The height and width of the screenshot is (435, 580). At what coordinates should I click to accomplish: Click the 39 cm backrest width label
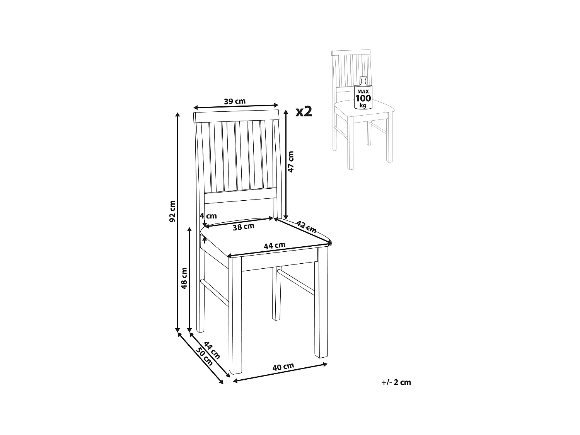[235, 101]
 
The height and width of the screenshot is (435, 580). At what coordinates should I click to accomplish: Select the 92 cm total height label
[172, 212]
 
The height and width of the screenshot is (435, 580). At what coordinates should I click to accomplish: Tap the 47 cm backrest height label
[291, 161]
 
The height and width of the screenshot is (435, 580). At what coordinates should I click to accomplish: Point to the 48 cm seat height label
[184, 278]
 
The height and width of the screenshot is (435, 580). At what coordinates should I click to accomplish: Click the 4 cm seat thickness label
[208, 216]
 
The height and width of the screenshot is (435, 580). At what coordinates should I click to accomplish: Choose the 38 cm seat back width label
[243, 227]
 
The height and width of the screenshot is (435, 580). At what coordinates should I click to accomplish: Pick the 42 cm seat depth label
[307, 227]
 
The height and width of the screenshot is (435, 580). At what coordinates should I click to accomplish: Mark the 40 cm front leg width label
[283, 367]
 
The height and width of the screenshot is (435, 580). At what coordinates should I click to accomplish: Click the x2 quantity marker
[304, 111]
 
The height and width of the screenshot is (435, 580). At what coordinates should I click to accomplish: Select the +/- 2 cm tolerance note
[396, 382]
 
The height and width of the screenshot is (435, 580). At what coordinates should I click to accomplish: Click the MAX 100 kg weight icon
[363, 94]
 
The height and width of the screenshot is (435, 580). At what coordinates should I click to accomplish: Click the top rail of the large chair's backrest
[236, 116]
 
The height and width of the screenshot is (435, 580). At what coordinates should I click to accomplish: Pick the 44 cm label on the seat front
[274, 246]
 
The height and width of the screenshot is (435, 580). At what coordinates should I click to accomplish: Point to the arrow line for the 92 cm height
[178, 271]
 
